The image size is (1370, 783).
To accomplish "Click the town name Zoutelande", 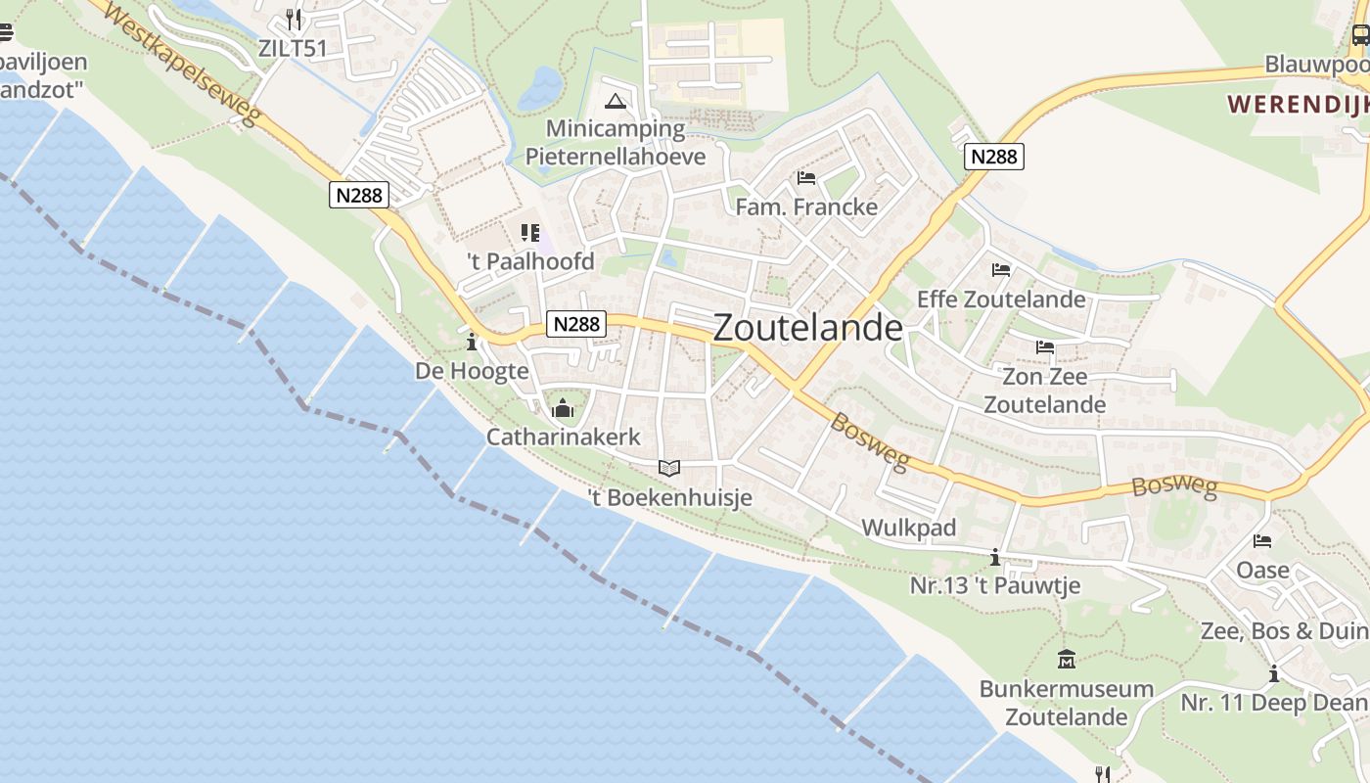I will tap(807, 328).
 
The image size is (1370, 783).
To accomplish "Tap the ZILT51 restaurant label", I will tap(293, 48).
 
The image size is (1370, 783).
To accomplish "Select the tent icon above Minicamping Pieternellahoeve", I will tap(615, 101).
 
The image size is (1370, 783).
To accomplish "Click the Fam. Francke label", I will tap(806, 207).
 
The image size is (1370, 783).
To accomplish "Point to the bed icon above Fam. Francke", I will tap(806, 178).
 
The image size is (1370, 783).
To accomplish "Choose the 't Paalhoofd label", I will tap(530, 261).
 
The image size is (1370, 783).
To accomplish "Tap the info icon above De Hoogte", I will tap(472, 342).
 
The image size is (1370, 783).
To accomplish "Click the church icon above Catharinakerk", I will tap(563, 408).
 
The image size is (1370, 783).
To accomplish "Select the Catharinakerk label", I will tap(563, 437).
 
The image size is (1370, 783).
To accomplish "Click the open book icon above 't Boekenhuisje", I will tap(669, 469).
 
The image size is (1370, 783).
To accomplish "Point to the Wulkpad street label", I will tap(908, 529).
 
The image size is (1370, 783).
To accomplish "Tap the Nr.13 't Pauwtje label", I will tap(994, 585).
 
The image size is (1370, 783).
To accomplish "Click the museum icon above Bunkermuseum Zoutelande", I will tap(1067, 660).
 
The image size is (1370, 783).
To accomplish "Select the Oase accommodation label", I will tap(1262, 569).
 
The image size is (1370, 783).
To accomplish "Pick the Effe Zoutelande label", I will tap(1000, 299).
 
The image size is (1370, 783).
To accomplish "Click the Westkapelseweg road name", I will tap(182, 61).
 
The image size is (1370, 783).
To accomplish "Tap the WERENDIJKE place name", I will tap(1298, 104).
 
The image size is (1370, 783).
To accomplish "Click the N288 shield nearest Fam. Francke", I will tap(993, 156).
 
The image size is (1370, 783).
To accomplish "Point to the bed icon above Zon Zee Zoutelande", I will tap(1044, 347).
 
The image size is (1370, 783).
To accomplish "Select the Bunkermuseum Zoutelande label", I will tap(1066, 702).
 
